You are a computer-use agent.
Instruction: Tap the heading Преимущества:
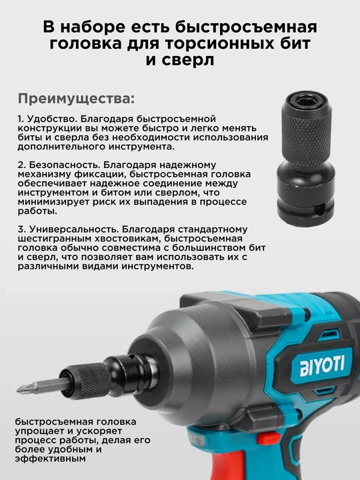(x=76, y=99)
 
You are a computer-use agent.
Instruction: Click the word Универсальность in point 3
(x=73, y=229)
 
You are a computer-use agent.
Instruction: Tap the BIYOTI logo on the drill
(x=322, y=365)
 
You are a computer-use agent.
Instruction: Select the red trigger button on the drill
(x=269, y=439)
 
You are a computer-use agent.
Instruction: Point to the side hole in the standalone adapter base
(x=319, y=211)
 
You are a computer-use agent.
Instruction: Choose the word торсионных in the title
(x=223, y=43)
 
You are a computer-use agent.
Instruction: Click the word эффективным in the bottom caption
(x=50, y=459)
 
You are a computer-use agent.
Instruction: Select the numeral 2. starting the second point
(x=22, y=165)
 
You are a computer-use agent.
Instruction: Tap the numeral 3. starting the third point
(x=21, y=229)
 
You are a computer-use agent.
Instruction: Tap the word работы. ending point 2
(x=37, y=211)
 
